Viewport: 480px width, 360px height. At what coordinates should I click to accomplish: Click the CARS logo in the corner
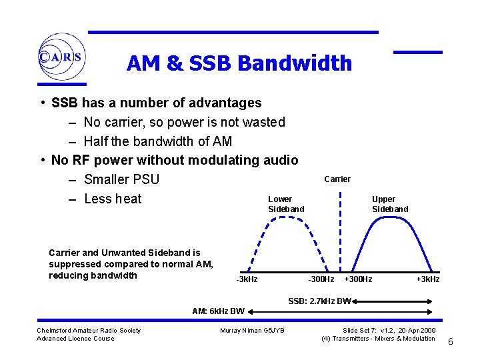click(x=61, y=57)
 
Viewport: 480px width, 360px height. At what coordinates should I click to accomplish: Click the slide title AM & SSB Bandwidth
click(x=239, y=63)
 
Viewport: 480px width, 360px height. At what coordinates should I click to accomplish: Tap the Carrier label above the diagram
click(x=337, y=179)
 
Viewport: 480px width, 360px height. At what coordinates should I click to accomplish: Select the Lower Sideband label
click(x=285, y=204)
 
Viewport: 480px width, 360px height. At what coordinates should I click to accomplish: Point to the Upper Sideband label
click(x=389, y=204)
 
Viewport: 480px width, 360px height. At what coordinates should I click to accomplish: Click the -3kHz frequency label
click(x=247, y=279)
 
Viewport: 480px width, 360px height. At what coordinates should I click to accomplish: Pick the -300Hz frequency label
click(x=321, y=279)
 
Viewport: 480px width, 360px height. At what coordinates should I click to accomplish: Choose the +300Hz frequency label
click(x=358, y=279)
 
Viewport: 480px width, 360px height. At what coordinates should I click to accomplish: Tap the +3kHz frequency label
click(x=427, y=279)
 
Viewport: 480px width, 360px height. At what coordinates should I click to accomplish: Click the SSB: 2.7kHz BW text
click(x=319, y=301)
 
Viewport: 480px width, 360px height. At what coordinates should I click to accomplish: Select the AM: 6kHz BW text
click(x=218, y=311)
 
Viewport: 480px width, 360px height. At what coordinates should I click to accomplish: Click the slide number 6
click(x=451, y=342)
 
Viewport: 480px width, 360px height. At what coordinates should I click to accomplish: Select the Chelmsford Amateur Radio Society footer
click(x=89, y=331)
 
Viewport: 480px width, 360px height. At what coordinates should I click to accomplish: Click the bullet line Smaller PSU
click(x=121, y=179)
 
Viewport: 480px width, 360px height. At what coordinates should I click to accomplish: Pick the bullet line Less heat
click(x=113, y=199)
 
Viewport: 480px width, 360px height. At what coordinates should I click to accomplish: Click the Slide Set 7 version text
click(x=389, y=331)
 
